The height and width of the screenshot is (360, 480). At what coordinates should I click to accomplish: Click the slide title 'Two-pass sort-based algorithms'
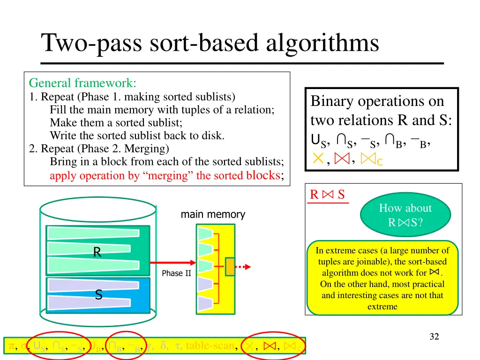(x=210, y=43)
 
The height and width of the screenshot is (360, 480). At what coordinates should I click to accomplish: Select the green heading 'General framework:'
(x=82, y=83)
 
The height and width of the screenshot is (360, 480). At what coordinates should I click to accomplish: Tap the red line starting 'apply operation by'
(x=166, y=176)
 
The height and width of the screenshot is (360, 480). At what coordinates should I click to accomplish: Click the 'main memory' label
(x=213, y=215)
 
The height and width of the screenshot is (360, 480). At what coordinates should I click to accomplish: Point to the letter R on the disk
(x=97, y=253)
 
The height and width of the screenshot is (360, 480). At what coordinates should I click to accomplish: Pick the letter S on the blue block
(x=98, y=295)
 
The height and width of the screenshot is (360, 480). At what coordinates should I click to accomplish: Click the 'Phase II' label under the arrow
(x=176, y=273)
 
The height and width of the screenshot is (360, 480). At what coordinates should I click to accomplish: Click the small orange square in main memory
(x=230, y=267)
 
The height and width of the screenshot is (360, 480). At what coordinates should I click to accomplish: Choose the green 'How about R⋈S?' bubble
(x=405, y=215)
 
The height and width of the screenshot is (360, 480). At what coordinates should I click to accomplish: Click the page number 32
(x=434, y=336)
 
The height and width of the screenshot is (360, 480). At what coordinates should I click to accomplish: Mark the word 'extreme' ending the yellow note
(x=382, y=307)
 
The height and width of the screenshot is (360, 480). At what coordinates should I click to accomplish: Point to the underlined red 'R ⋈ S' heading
(x=328, y=195)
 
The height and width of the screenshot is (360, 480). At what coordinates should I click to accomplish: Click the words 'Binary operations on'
(x=377, y=101)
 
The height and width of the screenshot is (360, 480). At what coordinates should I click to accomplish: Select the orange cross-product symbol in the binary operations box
(x=318, y=159)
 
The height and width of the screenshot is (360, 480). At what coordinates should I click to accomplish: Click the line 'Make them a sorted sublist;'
(x=116, y=123)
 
